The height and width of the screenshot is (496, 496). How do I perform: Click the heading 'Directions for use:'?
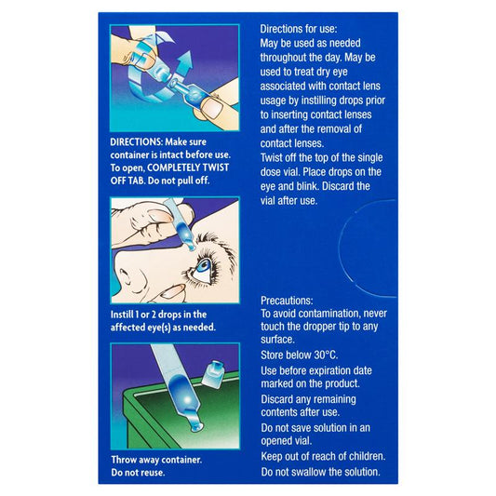299,29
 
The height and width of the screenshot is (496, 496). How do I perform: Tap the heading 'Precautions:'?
287,301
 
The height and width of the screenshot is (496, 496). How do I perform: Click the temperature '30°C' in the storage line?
326,355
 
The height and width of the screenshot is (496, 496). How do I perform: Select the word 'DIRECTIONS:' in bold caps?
137,141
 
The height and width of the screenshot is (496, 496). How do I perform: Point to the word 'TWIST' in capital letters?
215,168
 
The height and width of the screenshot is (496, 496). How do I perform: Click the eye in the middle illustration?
203,267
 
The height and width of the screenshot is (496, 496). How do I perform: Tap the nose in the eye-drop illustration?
130,273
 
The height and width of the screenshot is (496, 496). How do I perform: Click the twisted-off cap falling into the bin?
213,374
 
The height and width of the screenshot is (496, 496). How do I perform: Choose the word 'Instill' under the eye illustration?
122,315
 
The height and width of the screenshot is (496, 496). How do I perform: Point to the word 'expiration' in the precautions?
341,370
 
